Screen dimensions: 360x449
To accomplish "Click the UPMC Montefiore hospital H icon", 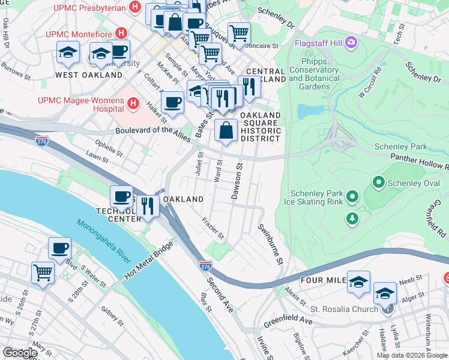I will point(122,32).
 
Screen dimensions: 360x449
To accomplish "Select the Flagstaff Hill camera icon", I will point(350,43).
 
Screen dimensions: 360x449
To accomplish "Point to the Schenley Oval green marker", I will point(378,181).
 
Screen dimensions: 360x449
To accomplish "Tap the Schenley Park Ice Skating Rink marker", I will point(352,196).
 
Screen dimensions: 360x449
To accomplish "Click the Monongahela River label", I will point(103,241).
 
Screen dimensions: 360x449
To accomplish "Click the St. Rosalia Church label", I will point(345,309).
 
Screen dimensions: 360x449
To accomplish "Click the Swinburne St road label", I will point(270,245).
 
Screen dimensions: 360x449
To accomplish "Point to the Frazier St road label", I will point(213,227).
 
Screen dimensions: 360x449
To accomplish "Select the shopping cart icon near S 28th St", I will point(43,272).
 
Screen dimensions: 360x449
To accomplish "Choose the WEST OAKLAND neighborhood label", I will point(89,75).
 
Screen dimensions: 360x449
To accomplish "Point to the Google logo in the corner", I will point(19,353).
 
